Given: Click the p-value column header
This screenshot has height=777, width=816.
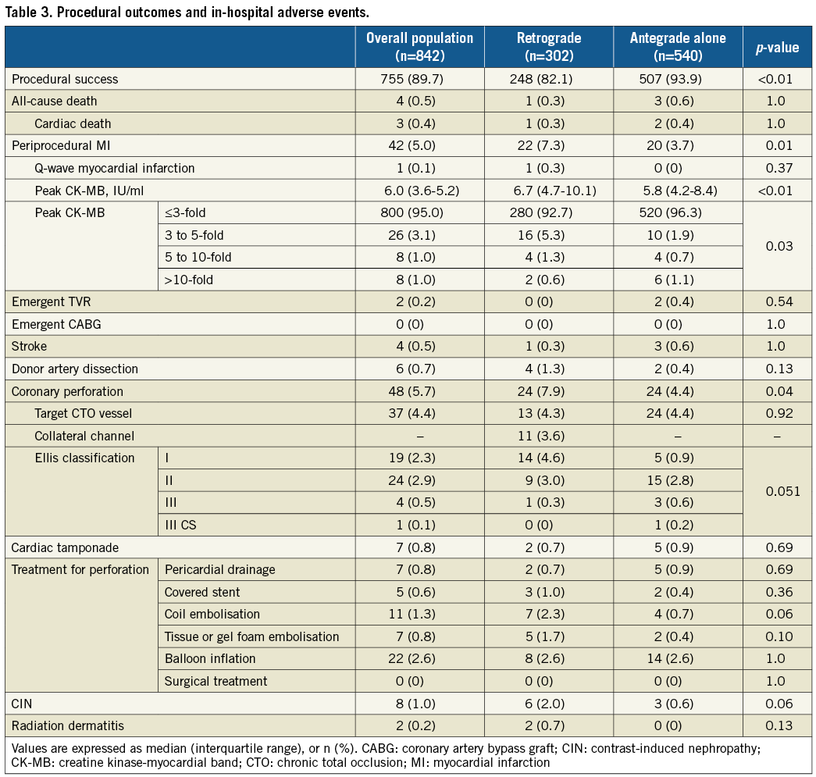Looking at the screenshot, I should tap(776, 48).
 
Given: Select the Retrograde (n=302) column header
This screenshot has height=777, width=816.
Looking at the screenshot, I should tap(549, 48).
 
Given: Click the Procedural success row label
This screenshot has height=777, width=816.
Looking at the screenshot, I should tap(65, 79).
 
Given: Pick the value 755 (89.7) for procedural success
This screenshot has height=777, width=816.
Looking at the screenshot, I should tap(419, 79).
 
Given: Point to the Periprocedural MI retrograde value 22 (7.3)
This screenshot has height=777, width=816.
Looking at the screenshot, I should tap(549, 145).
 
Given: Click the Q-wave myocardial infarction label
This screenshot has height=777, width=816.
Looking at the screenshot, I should tap(114, 168).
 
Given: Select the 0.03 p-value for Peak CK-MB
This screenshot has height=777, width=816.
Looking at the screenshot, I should tap(777, 245).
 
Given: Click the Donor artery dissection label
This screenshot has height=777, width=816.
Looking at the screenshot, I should tap(74, 369).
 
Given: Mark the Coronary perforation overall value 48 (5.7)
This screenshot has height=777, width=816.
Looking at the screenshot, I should tap(419, 391).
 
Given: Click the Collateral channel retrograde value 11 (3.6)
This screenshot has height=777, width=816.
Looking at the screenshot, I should tap(549, 436).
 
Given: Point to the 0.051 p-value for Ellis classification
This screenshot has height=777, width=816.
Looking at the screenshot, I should tap(777, 491).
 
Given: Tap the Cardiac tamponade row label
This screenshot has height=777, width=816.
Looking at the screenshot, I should tap(64, 547).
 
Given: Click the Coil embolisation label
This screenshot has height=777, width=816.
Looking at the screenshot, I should tap(212, 614).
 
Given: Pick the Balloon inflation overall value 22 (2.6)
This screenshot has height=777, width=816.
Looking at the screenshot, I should tap(419, 658).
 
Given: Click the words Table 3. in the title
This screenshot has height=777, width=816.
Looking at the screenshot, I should tap(29, 12).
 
